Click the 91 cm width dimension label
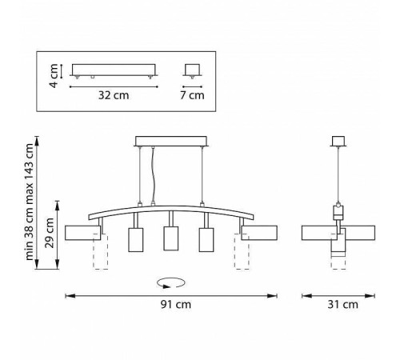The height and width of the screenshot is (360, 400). click(x=176, y=304)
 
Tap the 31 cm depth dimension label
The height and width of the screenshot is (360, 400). click(x=342, y=304)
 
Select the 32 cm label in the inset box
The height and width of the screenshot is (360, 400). click(x=114, y=95)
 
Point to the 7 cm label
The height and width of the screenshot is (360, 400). click(x=192, y=95)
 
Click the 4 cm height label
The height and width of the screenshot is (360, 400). click(x=54, y=76)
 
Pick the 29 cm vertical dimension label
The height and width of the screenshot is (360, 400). click(x=50, y=233)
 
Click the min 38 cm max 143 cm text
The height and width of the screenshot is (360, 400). click(x=29, y=202)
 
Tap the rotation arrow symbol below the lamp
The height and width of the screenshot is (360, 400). click(x=171, y=283)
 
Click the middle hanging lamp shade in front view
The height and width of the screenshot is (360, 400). click(x=171, y=238)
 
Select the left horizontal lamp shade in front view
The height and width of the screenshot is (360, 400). click(x=83, y=233)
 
